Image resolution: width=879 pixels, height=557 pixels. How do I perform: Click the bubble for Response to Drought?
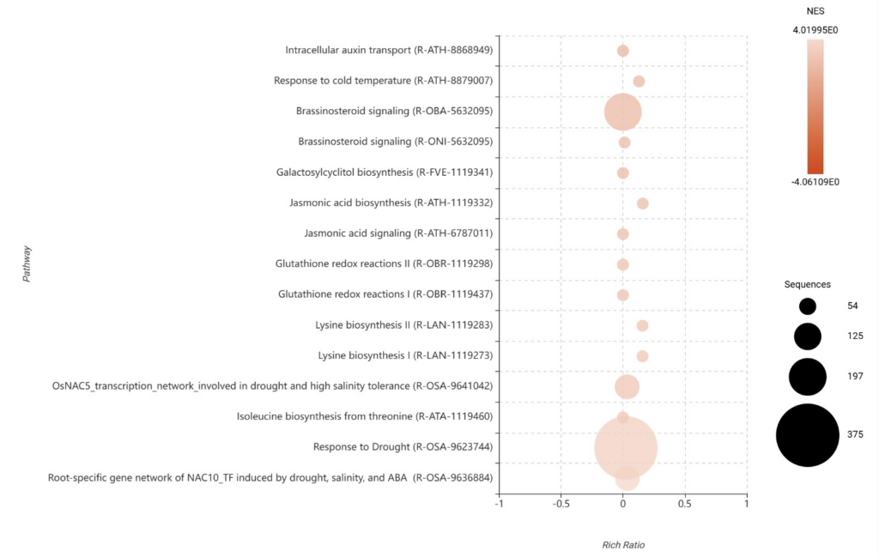626,447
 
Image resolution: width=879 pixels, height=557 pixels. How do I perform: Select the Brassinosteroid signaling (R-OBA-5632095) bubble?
622,112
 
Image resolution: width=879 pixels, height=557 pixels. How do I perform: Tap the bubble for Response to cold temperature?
639,82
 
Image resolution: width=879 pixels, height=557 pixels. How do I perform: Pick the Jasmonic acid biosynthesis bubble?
642,203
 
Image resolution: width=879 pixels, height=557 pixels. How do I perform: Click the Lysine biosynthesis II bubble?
642,325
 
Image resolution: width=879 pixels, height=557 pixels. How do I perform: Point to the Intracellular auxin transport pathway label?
389,51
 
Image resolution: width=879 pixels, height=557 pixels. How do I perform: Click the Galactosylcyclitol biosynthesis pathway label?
385,173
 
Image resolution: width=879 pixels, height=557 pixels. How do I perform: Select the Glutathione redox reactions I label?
385,294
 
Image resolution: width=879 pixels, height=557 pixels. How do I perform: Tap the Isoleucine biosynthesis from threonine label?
365,416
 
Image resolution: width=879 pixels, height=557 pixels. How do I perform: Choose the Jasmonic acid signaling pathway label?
398,233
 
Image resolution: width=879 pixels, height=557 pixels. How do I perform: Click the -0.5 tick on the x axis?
561,504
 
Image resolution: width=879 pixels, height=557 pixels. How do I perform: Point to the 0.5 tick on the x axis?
685,504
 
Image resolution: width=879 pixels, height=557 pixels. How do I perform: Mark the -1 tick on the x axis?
499,504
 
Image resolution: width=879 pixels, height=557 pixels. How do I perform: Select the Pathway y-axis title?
27,263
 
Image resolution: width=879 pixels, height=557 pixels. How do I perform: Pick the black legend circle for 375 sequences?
807,435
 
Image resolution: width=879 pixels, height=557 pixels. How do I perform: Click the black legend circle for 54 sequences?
807,306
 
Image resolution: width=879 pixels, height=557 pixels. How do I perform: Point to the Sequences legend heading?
807,284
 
